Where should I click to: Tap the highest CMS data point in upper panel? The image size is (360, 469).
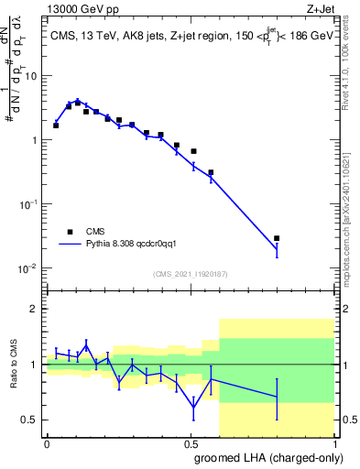pos(77,103)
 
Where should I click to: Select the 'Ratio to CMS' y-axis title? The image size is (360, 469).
pos(13,365)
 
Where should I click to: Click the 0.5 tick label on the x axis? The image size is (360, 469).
pos(191,443)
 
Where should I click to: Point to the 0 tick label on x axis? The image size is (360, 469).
pos(47,443)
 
